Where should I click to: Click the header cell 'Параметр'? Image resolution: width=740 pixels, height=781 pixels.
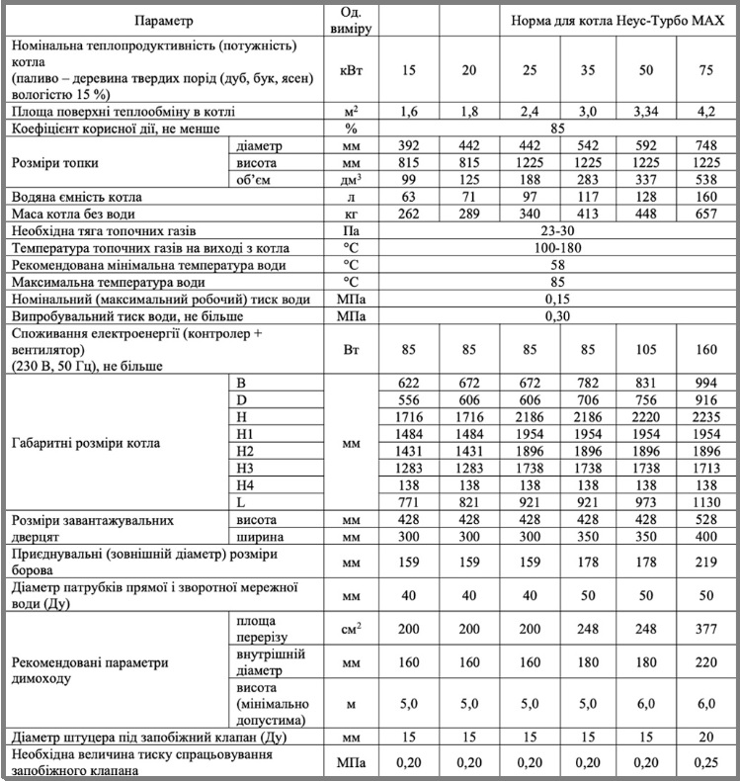point(164,20)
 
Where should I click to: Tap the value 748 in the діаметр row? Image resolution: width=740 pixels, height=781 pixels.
point(705,145)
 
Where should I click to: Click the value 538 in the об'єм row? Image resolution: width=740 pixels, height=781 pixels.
point(705,179)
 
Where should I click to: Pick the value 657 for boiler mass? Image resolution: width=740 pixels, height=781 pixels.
point(705,214)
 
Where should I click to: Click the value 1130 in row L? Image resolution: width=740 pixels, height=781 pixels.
point(705,501)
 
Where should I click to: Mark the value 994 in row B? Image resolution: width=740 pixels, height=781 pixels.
point(705,382)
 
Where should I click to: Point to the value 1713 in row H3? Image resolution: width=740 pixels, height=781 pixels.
point(705,467)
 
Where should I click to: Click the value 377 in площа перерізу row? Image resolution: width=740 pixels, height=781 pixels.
point(705,629)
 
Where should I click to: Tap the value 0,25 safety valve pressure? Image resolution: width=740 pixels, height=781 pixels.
point(705,762)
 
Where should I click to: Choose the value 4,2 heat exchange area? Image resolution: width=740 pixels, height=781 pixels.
point(705,112)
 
